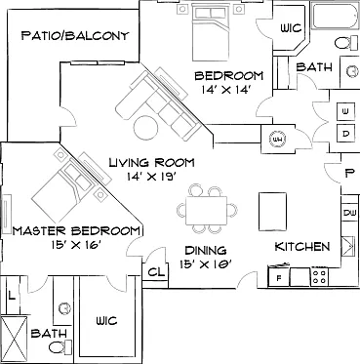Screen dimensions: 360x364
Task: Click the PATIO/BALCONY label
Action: point(75,36)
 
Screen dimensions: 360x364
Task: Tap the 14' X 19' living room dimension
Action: point(152,177)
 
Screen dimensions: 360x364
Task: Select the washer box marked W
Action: point(345,111)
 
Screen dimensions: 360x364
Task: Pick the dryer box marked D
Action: point(345,133)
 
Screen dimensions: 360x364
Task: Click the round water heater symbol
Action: point(277,140)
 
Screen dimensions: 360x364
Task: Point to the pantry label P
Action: point(349,174)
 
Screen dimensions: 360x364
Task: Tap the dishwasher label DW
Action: point(349,214)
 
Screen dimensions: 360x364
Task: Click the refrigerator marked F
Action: point(279,277)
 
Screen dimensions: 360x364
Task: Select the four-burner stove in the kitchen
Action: point(319,276)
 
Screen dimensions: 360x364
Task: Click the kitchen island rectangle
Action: point(272,212)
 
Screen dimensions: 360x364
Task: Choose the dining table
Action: point(206,210)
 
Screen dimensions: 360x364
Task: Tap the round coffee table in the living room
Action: point(146,128)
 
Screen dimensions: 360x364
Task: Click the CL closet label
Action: point(156,272)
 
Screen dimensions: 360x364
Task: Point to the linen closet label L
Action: point(12,296)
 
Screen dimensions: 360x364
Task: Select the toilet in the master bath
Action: point(60,346)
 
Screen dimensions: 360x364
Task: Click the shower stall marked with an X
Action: point(14,339)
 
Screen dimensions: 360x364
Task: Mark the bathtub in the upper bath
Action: point(335,16)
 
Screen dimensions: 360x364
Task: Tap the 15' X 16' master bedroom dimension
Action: point(76,245)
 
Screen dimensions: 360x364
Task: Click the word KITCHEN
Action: point(302,247)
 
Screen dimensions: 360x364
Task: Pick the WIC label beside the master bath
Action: point(106,321)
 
